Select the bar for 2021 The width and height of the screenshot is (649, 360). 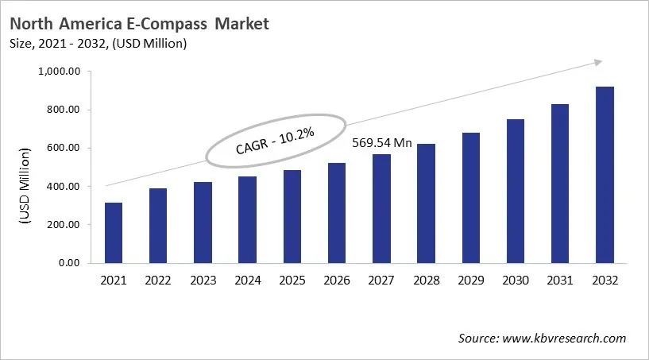click(x=114, y=233)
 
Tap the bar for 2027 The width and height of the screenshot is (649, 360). click(x=382, y=208)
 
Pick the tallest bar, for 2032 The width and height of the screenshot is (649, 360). click(x=605, y=175)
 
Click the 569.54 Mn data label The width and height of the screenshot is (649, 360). click(x=382, y=143)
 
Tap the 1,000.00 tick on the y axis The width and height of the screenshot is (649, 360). click(x=60, y=72)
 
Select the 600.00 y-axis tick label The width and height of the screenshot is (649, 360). click(x=64, y=149)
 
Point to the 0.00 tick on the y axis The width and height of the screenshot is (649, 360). click(x=69, y=263)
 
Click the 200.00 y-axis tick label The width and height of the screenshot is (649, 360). click(x=64, y=225)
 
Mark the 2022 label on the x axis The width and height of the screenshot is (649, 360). click(x=158, y=281)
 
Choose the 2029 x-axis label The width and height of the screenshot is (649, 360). click(x=471, y=281)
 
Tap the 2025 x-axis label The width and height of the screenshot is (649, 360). click(x=292, y=281)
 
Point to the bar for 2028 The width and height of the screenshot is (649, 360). click(x=427, y=203)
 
